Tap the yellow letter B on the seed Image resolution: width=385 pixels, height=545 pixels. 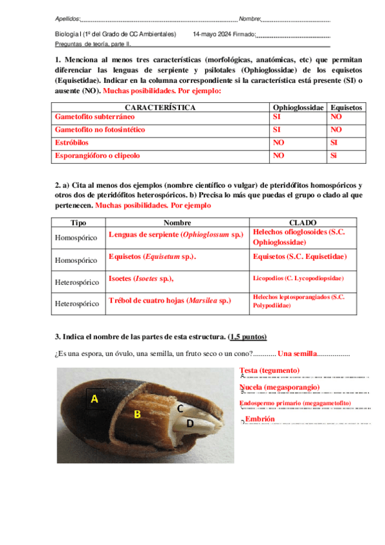pyautogui.click(x=137, y=415)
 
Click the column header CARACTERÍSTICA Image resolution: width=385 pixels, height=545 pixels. pyautogui.click(x=161, y=107)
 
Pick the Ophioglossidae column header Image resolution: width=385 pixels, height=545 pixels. pyautogui.click(x=298, y=107)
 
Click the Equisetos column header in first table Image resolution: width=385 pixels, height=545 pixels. pyautogui.click(x=346, y=107)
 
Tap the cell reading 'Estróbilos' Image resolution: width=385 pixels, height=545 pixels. pyautogui.click(x=72, y=142)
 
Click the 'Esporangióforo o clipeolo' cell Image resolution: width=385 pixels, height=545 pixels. pyautogui.click(x=97, y=155)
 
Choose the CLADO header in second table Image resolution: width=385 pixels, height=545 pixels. pyautogui.click(x=303, y=222)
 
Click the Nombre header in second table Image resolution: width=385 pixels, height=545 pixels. pyautogui.click(x=177, y=222)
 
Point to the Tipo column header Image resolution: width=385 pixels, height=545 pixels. pyautogui.click(x=78, y=222)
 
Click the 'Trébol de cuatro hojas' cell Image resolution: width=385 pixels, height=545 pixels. pyautogui.click(x=170, y=301)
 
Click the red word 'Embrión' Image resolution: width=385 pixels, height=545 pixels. pyautogui.click(x=260, y=418)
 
